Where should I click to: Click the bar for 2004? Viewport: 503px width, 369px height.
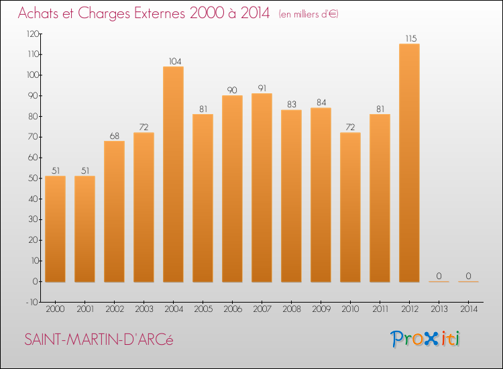(173, 174)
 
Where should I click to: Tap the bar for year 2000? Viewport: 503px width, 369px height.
(55, 228)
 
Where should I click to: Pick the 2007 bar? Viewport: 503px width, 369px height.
(262, 188)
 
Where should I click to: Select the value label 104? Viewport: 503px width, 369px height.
(173, 60)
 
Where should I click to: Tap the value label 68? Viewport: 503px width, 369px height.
(114, 135)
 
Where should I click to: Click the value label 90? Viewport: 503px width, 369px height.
(232, 89)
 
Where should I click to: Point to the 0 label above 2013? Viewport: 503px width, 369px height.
(439, 276)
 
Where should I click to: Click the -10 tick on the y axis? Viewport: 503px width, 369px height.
(32, 303)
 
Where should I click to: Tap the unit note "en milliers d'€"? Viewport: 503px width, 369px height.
(309, 14)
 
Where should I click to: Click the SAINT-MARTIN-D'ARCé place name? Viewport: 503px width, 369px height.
(99, 339)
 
